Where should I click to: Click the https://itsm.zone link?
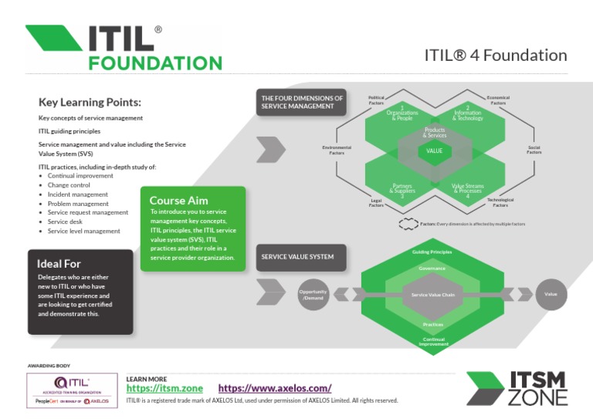[164, 388]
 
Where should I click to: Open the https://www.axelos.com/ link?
[275, 388]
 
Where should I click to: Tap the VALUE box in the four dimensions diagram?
[434, 150]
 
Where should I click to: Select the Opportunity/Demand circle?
[313, 295]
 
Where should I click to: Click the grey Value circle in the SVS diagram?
[551, 294]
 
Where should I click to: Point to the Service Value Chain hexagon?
[432, 295]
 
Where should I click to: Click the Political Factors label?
[376, 100]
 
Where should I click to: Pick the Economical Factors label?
[498, 100]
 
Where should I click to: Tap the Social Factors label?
[534, 150]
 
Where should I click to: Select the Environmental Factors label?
[337, 150]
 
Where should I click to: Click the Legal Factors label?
[376, 203]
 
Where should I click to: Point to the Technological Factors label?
[500, 202]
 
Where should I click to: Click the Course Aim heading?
[178, 201]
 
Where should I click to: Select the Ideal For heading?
[59, 264]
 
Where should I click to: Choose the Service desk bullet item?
[69, 221]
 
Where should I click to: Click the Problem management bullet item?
[78, 204]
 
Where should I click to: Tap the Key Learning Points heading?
[90, 102]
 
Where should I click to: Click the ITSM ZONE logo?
[517, 388]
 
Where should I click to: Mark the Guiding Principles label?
[432, 252]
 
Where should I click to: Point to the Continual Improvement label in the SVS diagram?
[432, 341]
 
